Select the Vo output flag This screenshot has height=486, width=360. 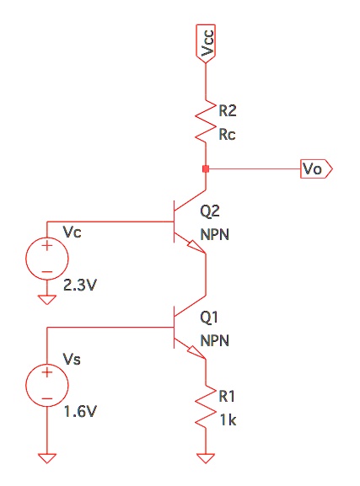pyautogui.click(x=317, y=169)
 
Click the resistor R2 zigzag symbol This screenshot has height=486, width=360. pyautogui.click(x=206, y=119)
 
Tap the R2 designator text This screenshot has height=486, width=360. pyautogui.click(x=227, y=110)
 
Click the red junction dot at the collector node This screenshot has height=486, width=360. pyautogui.click(x=206, y=168)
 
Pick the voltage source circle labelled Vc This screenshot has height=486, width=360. pyautogui.click(x=47, y=257)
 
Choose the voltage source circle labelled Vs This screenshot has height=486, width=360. pyautogui.click(x=47, y=386)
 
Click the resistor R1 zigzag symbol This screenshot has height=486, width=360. pyautogui.click(x=206, y=405)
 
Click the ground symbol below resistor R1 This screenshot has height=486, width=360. pyautogui.click(x=206, y=458)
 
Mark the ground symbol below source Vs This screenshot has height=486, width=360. pyautogui.click(x=47, y=458)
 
